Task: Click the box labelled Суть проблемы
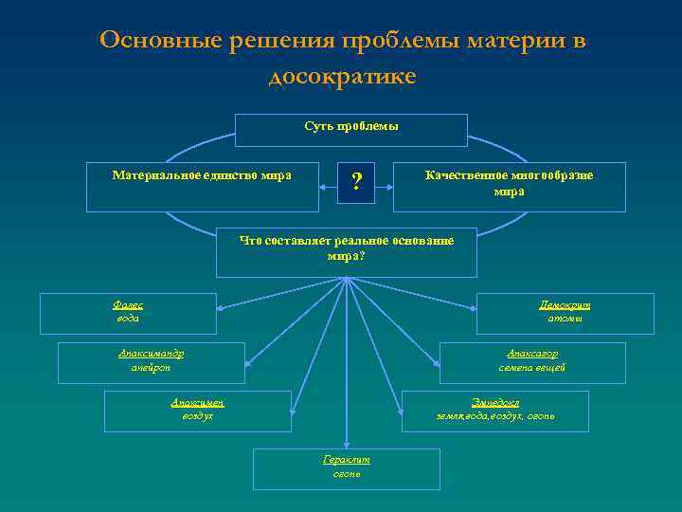[x=351, y=130]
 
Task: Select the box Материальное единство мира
[x=202, y=186]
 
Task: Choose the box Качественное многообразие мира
[x=509, y=186]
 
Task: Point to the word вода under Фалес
[x=127, y=319]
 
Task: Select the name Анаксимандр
[x=151, y=354]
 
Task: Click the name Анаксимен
[x=197, y=402]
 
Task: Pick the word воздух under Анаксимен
[x=197, y=415]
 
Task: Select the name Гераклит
[x=347, y=459]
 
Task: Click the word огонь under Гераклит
[x=347, y=472]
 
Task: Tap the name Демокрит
[x=565, y=305]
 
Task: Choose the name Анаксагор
[x=532, y=354]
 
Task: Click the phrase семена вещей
[x=532, y=367]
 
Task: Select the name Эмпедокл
[x=495, y=402]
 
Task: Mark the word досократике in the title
[x=342, y=76]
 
